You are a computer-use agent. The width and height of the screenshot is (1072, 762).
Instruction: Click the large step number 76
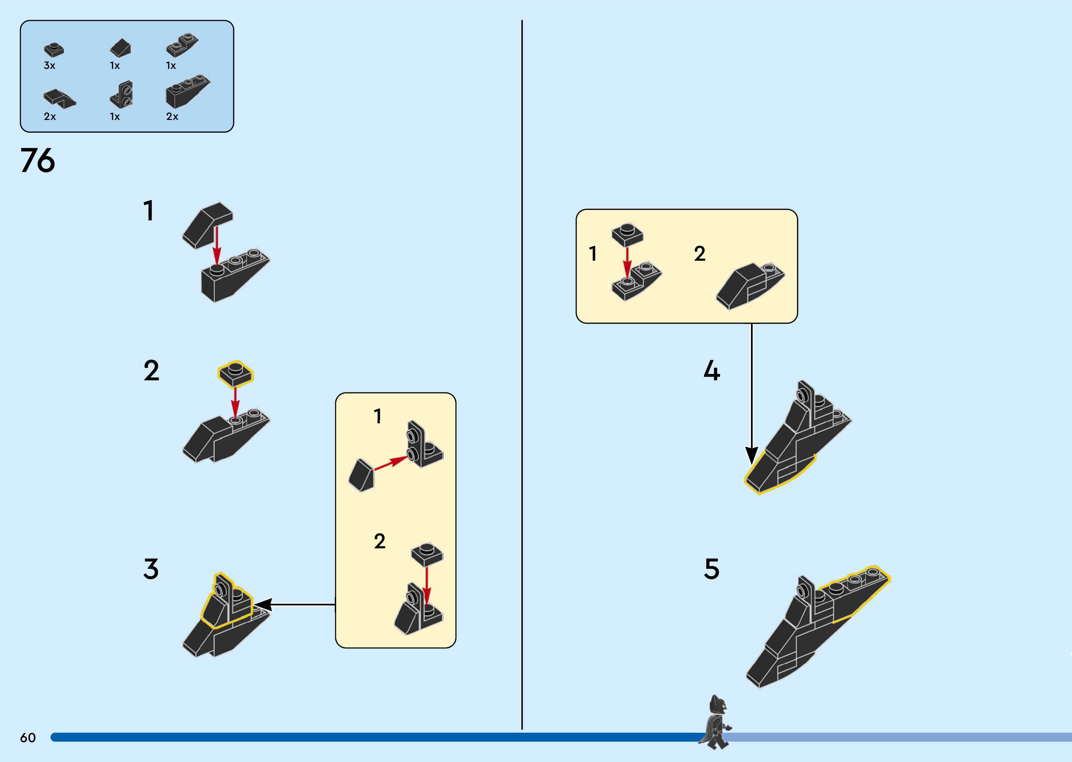(38, 161)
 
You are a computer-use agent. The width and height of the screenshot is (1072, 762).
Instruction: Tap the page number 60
(28, 737)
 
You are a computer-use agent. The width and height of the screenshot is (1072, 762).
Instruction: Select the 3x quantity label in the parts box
(49, 66)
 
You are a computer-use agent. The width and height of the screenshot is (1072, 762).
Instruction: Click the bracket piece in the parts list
(122, 94)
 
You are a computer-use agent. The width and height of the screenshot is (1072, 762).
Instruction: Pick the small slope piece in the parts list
(121, 47)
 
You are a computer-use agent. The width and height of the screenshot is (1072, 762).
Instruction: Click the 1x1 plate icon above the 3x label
(54, 49)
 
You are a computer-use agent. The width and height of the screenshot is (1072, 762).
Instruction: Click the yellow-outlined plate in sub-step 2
(235, 374)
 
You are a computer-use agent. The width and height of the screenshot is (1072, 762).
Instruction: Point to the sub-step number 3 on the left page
(151, 569)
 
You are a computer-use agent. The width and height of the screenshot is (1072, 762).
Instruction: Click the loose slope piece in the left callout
(361, 475)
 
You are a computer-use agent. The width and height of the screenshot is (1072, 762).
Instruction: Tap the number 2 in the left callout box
(379, 541)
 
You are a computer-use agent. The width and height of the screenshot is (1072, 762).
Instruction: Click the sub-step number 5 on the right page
(712, 569)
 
